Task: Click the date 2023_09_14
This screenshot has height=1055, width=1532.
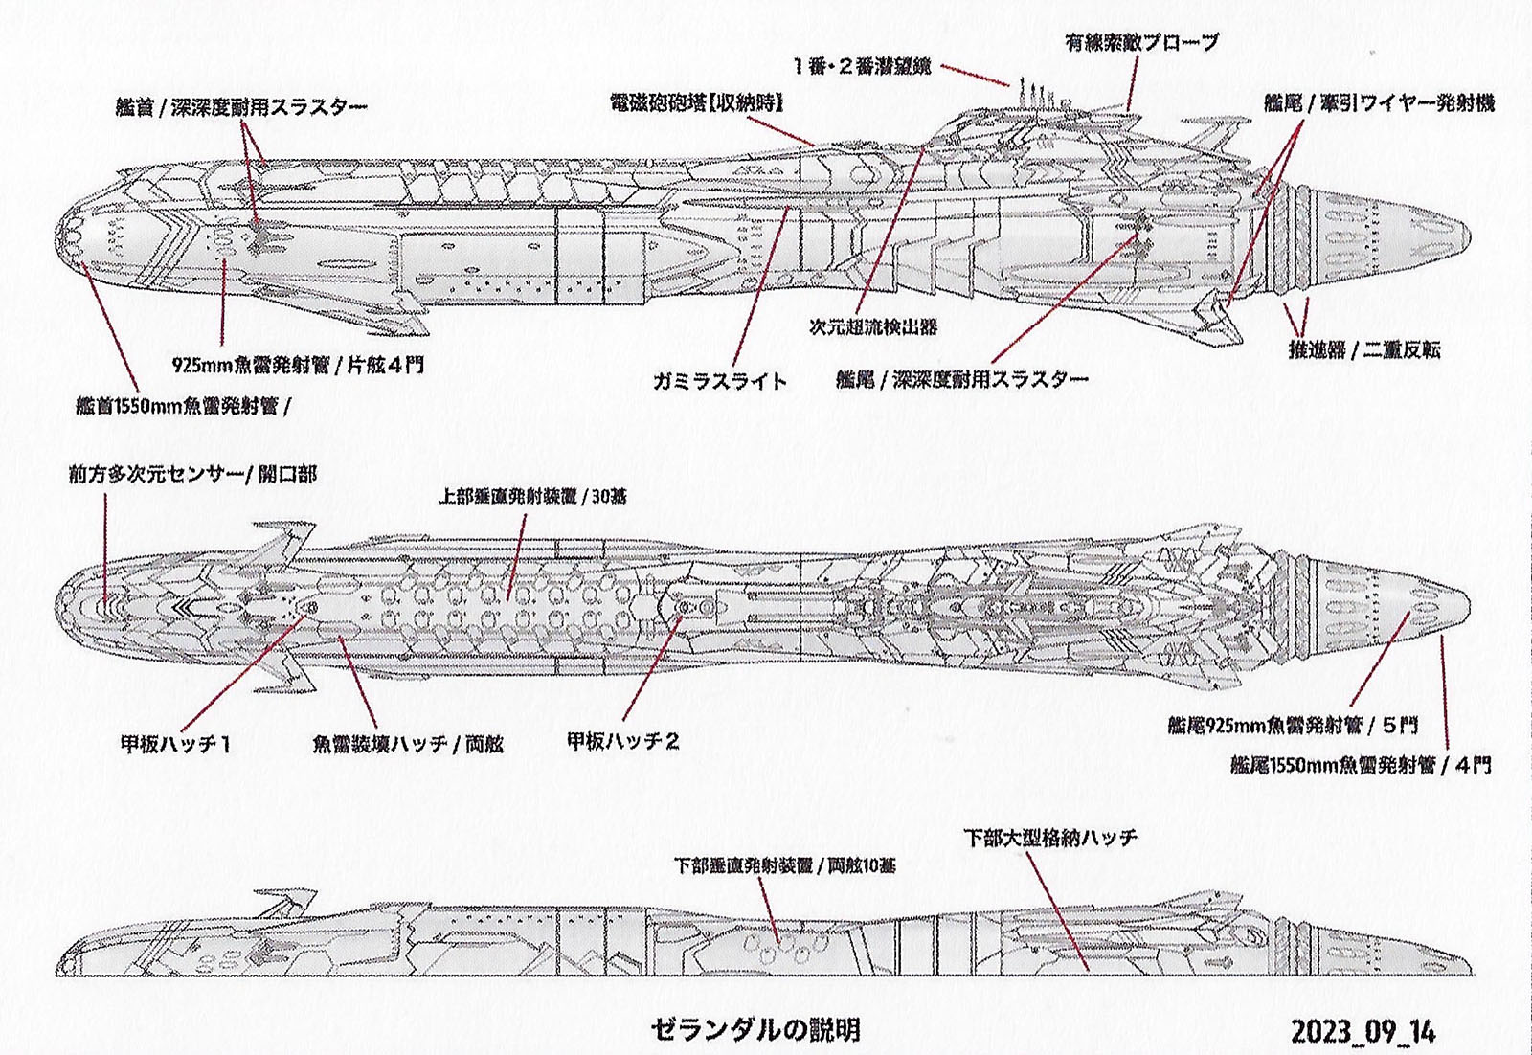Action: [x=1363, y=1032]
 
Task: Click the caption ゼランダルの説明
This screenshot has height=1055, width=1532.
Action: [x=755, y=1030]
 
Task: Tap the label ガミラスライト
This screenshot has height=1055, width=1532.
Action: [x=720, y=381]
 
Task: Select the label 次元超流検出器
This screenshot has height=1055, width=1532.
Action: [x=872, y=327]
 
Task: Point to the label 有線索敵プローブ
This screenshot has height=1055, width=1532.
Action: [x=1141, y=43]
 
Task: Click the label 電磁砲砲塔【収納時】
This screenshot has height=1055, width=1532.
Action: [x=696, y=102]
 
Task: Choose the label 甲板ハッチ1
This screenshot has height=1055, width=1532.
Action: [x=175, y=743]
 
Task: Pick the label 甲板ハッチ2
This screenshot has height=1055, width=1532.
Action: [x=623, y=741]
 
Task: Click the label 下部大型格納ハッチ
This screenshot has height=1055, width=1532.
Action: [x=1049, y=839]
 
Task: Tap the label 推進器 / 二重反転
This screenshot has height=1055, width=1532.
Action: [x=1363, y=349]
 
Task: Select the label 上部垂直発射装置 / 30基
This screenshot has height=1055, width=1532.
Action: [x=532, y=497]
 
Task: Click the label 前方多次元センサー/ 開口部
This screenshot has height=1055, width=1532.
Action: [x=191, y=474]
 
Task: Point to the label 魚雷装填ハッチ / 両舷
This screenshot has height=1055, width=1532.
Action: [x=408, y=744]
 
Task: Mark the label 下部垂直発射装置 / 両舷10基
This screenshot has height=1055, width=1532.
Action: [x=785, y=865]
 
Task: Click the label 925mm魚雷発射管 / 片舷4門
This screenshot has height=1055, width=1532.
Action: [x=298, y=365]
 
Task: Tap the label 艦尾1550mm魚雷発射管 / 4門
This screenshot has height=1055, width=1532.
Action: [x=1360, y=765]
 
